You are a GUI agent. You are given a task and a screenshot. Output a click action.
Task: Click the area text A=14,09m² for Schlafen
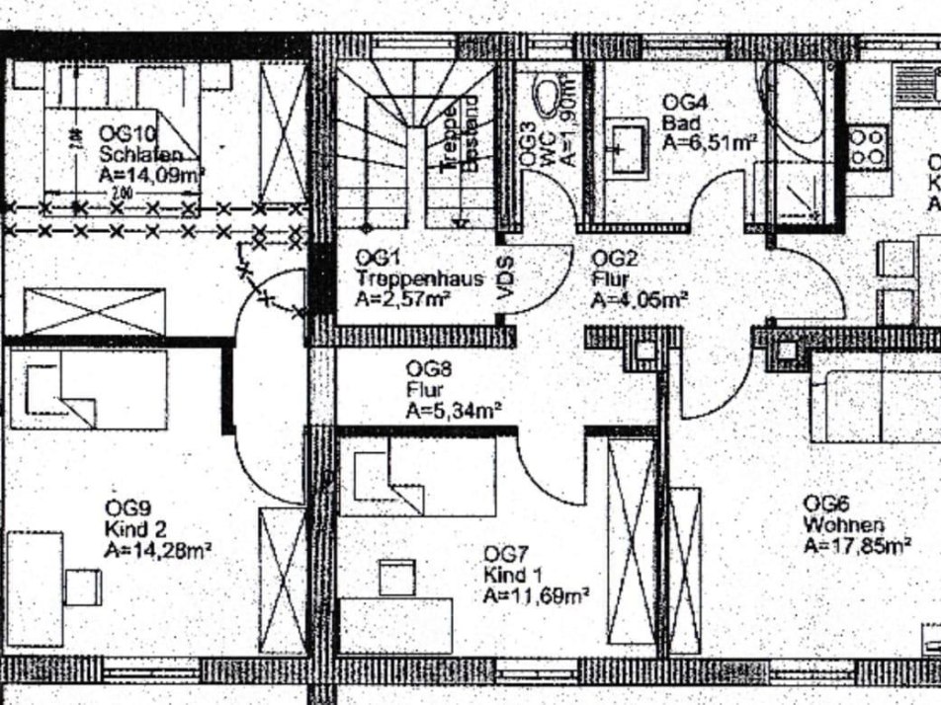151,176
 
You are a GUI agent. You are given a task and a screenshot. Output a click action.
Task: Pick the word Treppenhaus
420,277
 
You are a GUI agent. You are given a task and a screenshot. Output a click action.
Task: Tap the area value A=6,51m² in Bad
710,142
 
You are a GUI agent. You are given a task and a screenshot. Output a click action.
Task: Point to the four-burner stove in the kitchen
867,146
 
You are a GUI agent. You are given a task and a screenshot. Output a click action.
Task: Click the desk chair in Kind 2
82,587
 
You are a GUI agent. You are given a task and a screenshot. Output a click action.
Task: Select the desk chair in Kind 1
397,577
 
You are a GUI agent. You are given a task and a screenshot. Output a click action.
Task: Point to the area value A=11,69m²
537,594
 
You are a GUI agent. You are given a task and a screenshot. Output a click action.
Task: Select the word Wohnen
843,524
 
